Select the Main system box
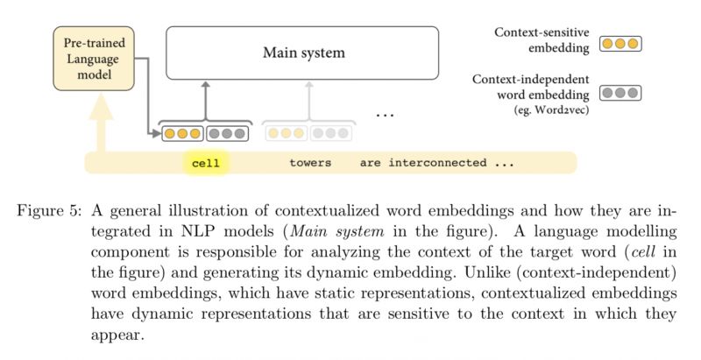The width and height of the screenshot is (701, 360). tap(303, 53)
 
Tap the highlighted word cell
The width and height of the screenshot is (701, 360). tap(206, 163)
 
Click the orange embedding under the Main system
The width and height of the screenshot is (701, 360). tap(182, 134)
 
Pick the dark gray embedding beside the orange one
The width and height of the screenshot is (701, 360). tap(227, 134)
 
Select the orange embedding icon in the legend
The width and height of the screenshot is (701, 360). tap(620, 43)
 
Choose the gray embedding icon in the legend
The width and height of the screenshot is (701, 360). tap(620, 91)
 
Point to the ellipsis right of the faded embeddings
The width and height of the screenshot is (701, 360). tap(386, 114)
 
